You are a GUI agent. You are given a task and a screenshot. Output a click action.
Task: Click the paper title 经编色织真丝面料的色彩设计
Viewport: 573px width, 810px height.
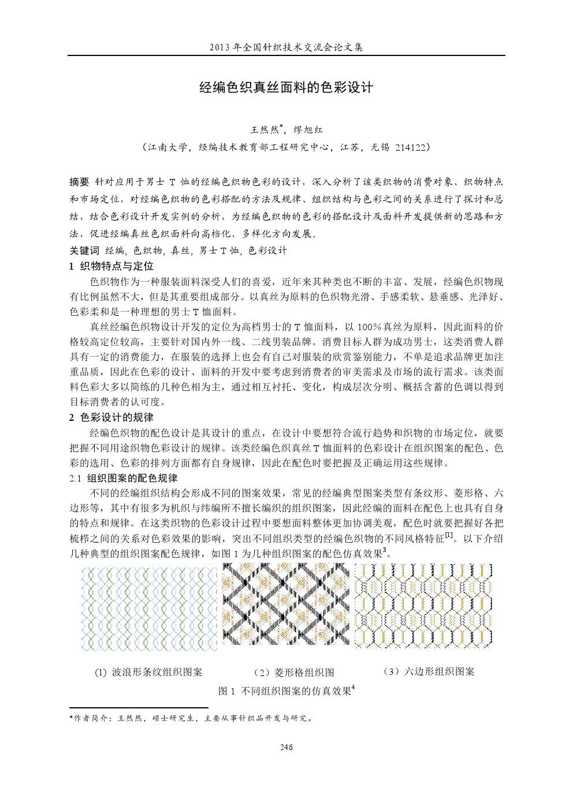tap(286, 88)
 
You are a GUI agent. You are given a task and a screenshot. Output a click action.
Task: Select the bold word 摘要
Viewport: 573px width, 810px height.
tap(79, 182)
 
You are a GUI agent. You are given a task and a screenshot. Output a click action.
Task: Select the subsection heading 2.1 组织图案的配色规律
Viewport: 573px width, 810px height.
tap(123, 479)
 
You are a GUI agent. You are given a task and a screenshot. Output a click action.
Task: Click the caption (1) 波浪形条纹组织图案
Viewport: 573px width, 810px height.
tap(148, 673)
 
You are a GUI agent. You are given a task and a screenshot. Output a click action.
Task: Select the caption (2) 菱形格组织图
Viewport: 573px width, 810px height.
tap(294, 673)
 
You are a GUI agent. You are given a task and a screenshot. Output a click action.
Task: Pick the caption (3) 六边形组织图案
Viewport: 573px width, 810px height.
tap(429, 671)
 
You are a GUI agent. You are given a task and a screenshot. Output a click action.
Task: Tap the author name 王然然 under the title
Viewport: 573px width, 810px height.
tap(263, 130)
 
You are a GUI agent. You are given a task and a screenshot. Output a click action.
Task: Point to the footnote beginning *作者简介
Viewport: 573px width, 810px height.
tap(191, 719)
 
